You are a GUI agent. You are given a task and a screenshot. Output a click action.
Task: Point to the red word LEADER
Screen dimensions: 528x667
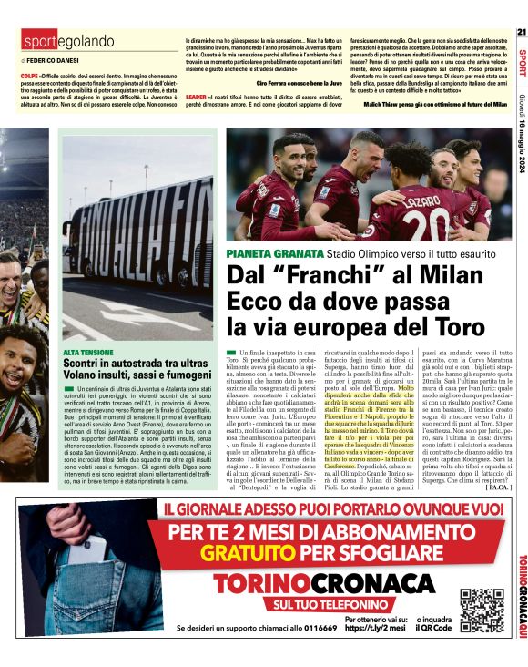196,96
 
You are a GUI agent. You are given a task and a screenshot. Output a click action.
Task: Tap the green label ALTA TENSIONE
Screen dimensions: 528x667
88,351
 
